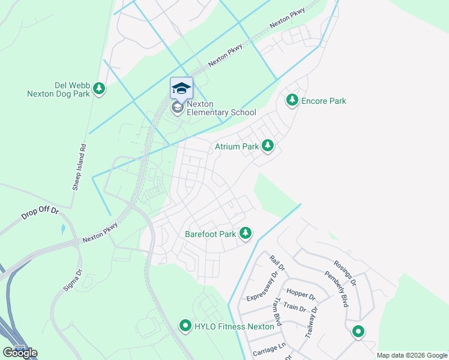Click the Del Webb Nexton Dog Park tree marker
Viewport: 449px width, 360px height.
tap(99, 89)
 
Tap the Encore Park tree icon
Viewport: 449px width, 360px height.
tap(292, 100)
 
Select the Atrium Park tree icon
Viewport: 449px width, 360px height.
tap(267, 146)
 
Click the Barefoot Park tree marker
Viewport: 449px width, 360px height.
tap(245, 233)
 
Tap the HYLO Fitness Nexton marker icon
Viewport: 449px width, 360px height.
tap(185, 326)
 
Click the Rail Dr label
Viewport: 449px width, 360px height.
tap(276, 262)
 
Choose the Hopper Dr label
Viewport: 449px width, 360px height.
tap(301, 295)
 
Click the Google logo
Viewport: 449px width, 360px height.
tap(20, 353)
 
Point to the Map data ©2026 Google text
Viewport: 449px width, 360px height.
tap(411, 355)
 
